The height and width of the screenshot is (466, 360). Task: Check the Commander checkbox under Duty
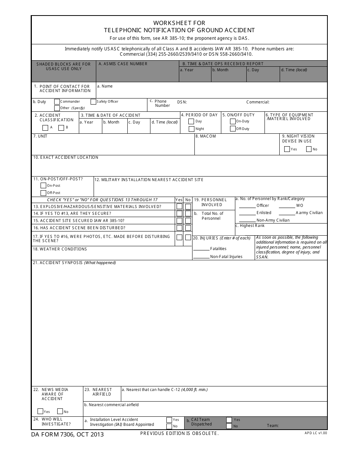click(x=57, y=102)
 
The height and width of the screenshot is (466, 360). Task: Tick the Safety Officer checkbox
click(x=93, y=102)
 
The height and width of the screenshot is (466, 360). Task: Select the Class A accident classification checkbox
click(x=45, y=128)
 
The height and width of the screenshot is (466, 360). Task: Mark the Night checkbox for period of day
click(x=191, y=129)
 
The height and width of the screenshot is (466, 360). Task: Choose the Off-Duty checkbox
click(x=233, y=129)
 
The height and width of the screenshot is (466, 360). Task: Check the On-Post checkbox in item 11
click(x=44, y=186)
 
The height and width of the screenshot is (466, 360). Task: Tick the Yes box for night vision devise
click(x=287, y=149)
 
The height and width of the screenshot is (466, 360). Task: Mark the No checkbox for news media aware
click(x=60, y=411)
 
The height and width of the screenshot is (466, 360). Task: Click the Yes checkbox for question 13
click(x=179, y=206)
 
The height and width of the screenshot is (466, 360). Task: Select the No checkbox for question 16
click(x=188, y=228)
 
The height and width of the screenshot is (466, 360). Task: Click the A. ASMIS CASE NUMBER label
click(x=123, y=64)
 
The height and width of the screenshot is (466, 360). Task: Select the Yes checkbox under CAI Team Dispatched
click(x=229, y=420)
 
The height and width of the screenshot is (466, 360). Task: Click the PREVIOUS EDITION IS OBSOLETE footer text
click(x=179, y=433)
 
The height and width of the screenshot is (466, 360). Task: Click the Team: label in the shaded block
click(x=272, y=426)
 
